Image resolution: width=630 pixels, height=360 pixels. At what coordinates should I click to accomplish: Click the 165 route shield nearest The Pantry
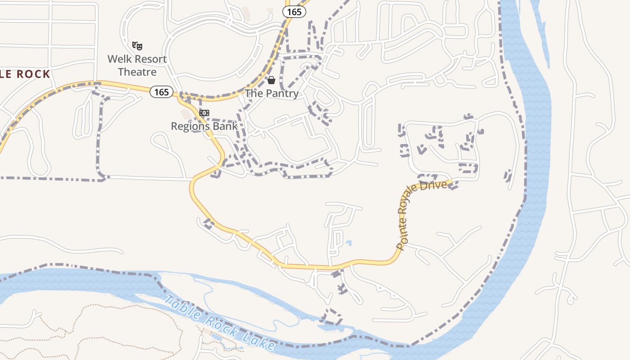294,12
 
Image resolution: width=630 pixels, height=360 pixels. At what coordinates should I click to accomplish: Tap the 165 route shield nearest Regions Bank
161,92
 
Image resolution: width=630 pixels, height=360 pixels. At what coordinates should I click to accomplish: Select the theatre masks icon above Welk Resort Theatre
137,45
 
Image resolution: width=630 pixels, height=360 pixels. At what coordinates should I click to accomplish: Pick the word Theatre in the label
137,72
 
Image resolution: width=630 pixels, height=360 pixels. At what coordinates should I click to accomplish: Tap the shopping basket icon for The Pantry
271,81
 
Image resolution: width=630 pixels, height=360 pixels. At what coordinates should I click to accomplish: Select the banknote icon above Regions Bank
204,113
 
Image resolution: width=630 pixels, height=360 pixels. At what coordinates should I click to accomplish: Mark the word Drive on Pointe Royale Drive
436,185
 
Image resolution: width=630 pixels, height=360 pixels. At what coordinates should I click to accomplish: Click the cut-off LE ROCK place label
25,74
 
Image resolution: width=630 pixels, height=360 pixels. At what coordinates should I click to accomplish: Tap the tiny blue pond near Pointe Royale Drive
349,243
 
